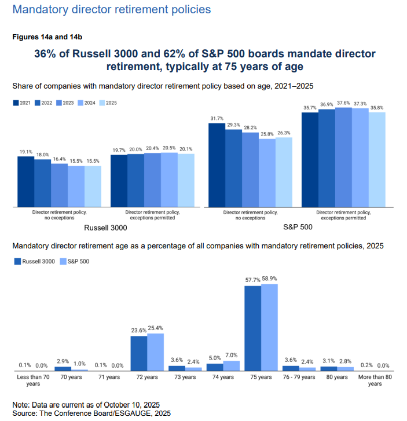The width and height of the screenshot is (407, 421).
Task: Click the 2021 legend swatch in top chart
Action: point(16,103)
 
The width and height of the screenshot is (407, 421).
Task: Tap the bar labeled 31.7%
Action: point(217,165)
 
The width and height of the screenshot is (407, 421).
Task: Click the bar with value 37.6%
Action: point(343,157)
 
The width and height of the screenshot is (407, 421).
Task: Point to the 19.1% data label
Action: point(25,152)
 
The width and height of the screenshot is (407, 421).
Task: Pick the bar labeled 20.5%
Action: point(169,180)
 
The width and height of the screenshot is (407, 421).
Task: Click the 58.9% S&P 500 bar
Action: point(269,327)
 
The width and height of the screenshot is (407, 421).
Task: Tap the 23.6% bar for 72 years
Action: point(138,353)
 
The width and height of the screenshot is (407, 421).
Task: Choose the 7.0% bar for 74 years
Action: point(231,365)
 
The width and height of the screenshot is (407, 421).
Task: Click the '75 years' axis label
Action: point(261,377)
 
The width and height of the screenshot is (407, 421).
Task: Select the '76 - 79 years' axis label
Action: point(299,377)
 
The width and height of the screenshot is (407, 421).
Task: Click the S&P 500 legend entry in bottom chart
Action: point(76,261)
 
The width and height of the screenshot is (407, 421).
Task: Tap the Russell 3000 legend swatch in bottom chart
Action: point(17,261)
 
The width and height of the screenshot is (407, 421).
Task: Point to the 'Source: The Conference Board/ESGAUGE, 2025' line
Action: point(91,413)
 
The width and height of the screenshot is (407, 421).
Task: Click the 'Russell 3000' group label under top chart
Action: point(105,228)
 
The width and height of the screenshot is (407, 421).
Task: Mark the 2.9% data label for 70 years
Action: point(63,361)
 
